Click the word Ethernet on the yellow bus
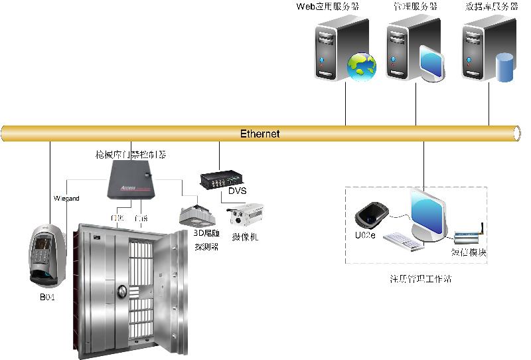260,134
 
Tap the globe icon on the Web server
362,65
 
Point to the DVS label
237,191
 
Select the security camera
246,216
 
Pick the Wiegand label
66,199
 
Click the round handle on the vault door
123,292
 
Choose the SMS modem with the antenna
469,235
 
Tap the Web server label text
327,7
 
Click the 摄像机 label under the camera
245,236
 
